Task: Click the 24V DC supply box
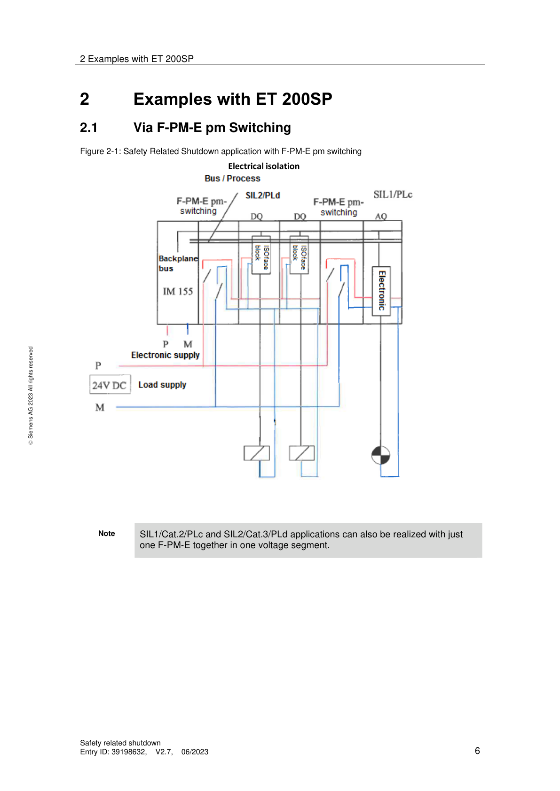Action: coord(110,385)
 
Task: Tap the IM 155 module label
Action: coord(178,291)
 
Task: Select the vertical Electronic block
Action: coord(381,291)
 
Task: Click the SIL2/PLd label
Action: coord(262,195)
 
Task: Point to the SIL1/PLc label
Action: coord(393,194)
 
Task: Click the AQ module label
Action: coord(380,216)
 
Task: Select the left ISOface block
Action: coord(261,255)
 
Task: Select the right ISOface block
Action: coord(299,255)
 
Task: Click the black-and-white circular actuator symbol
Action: coord(380,455)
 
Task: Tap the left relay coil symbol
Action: coord(257,453)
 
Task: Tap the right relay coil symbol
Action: coord(302,453)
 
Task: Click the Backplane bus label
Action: coord(177,263)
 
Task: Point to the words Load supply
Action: coord(162,385)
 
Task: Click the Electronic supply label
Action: coord(165,355)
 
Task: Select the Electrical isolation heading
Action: coord(263,166)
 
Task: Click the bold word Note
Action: coord(106,533)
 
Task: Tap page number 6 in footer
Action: coord(477,751)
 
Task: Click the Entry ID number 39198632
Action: coord(129,752)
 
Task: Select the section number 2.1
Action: coord(89,128)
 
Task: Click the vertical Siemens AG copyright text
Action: coord(31,395)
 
